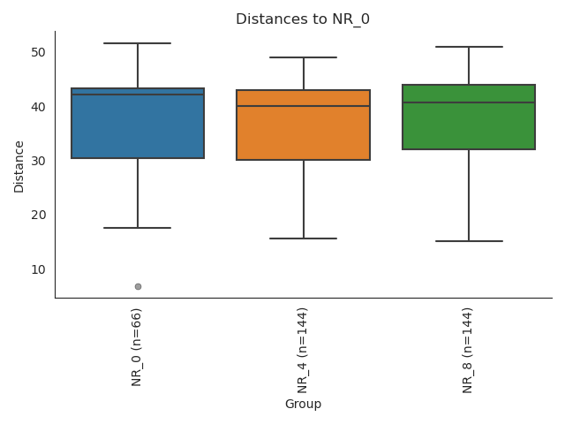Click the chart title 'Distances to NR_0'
(303, 19)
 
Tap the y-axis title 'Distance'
(19, 164)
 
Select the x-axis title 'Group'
(303, 404)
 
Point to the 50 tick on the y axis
(39, 53)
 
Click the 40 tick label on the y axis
(39, 107)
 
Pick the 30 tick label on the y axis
(39, 161)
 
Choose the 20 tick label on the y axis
(39, 215)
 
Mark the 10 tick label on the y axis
(39, 269)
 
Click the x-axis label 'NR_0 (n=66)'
(138, 346)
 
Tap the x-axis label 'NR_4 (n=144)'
(303, 350)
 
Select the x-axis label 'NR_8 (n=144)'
(469, 350)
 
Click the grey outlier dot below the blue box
(138, 286)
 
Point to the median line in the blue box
(138, 95)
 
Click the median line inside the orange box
(303, 106)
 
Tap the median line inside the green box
(469, 102)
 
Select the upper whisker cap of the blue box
(138, 43)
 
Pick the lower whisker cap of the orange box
(303, 238)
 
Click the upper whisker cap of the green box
(469, 47)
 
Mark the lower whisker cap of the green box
(469, 241)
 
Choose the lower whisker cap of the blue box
(138, 228)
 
